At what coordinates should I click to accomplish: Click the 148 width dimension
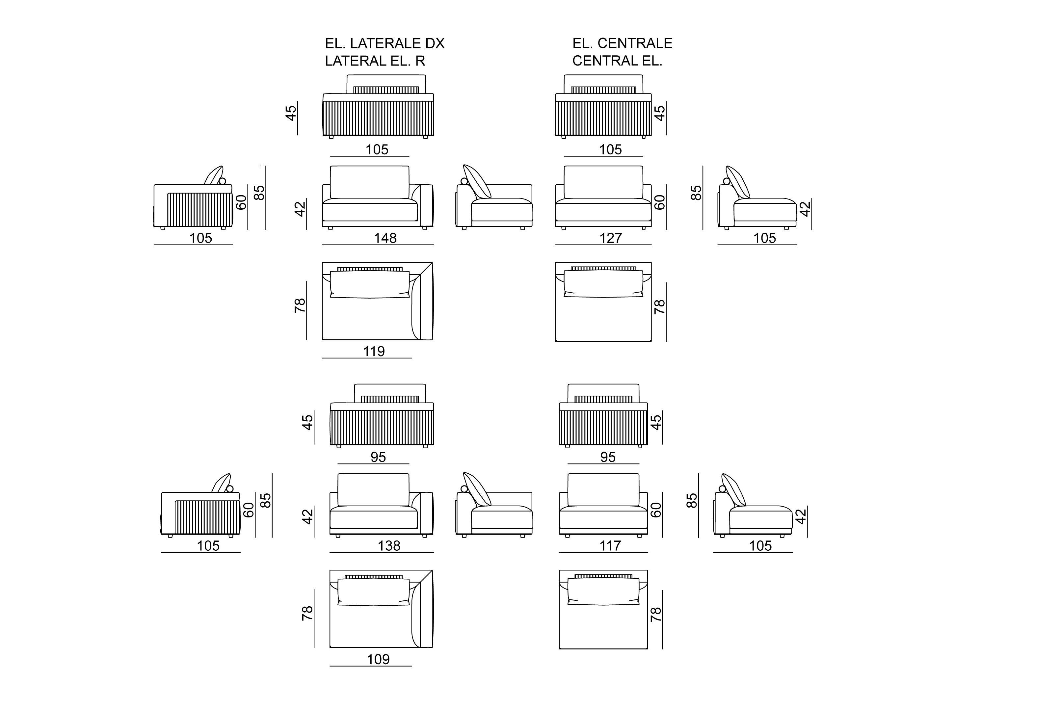coord(385,238)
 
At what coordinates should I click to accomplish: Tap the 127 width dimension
coord(610,238)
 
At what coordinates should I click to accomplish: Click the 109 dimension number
coord(378,659)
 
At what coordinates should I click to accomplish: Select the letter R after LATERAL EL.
coord(420,61)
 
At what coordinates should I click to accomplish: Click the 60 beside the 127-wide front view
coord(660,202)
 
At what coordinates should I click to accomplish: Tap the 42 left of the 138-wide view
coord(307,516)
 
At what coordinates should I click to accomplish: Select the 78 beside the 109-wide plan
coord(307,613)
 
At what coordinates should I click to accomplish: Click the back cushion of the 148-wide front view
coord(369,182)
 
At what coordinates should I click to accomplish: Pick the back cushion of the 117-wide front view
coord(603,490)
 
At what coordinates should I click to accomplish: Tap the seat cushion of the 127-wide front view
coord(603,212)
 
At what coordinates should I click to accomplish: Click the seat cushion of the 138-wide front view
coord(374,518)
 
